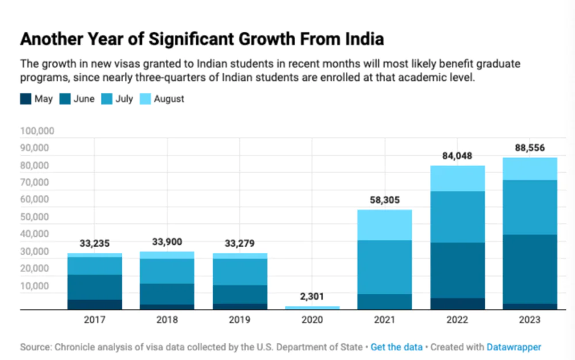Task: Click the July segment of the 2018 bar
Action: tap(167, 271)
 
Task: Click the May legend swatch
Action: tap(25, 99)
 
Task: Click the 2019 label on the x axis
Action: tap(239, 320)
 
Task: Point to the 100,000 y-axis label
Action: tap(37, 131)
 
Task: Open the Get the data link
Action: tap(396, 347)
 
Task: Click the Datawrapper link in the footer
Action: tap(513, 347)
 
